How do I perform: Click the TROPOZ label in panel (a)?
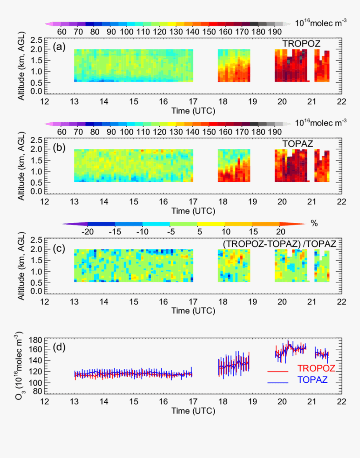(x=301, y=44)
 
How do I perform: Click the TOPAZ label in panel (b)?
(x=298, y=144)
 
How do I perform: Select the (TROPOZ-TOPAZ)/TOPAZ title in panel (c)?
(x=279, y=244)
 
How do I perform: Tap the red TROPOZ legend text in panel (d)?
(x=316, y=368)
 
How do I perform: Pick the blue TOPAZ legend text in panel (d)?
(x=312, y=380)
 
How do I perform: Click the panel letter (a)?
(x=59, y=47)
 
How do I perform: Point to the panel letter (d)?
(x=59, y=347)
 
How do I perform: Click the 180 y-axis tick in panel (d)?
(x=36, y=340)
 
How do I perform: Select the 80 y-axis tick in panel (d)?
(x=38, y=391)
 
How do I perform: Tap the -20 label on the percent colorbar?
(x=87, y=232)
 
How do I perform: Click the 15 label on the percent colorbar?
(x=253, y=232)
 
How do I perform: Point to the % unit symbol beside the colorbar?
(x=314, y=224)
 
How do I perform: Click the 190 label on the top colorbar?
(x=275, y=32)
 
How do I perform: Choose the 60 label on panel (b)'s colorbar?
(x=62, y=132)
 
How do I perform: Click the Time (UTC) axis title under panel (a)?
(x=193, y=111)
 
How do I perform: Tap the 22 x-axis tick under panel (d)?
(x=341, y=402)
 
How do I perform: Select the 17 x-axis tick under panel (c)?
(x=193, y=302)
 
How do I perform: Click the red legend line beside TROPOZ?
(x=278, y=371)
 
